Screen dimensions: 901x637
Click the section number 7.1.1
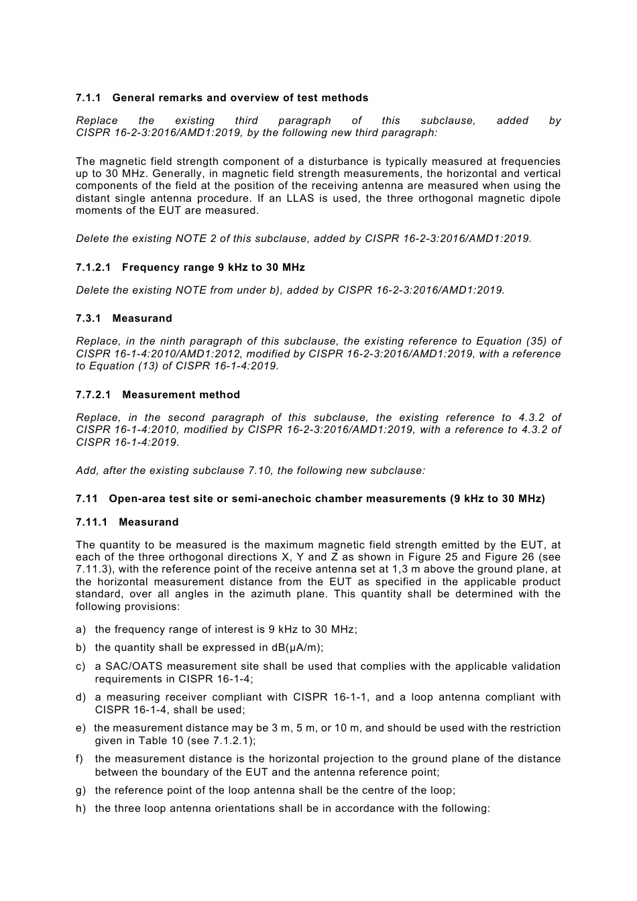pyautogui.click(x=88, y=98)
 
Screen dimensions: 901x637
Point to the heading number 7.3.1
pyautogui.click(x=88, y=318)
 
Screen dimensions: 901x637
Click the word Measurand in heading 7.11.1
pyautogui.click(x=149, y=522)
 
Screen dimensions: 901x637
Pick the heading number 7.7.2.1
pyautogui.click(x=93, y=395)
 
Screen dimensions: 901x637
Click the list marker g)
pyautogui.click(x=81, y=790)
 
